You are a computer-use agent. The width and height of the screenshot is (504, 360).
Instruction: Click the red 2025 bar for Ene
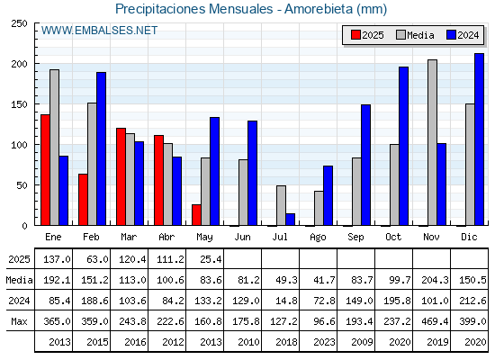(x=45, y=170)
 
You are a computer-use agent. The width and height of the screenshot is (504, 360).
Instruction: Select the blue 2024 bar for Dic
(x=479, y=139)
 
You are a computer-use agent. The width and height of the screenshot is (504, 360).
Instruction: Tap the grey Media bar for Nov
(x=432, y=142)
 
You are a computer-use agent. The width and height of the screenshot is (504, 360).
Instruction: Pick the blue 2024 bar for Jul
(x=290, y=220)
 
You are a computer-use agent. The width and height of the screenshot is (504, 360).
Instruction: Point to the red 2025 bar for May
(x=196, y=215)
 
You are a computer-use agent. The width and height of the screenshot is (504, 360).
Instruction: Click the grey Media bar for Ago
(x=319, y=208)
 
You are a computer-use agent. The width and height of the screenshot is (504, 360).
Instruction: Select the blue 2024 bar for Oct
(x=404, y=146)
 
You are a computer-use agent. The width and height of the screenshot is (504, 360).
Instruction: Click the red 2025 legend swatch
(x=355, y=35)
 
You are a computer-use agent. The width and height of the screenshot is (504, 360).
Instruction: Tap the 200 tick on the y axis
(x=19, y=64)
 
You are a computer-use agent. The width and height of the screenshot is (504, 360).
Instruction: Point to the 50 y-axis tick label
(x=22, y=185)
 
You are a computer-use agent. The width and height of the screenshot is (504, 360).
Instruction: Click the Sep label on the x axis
(x=355, y=238)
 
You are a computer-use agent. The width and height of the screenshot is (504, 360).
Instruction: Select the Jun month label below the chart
(x=242, y=238)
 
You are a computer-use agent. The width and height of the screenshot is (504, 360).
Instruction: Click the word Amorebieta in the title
(x=319, y=9)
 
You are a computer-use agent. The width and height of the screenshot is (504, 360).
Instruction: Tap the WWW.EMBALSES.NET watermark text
(x=99, y=31)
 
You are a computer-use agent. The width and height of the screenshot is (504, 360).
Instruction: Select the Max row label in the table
(x=19, y=321)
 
